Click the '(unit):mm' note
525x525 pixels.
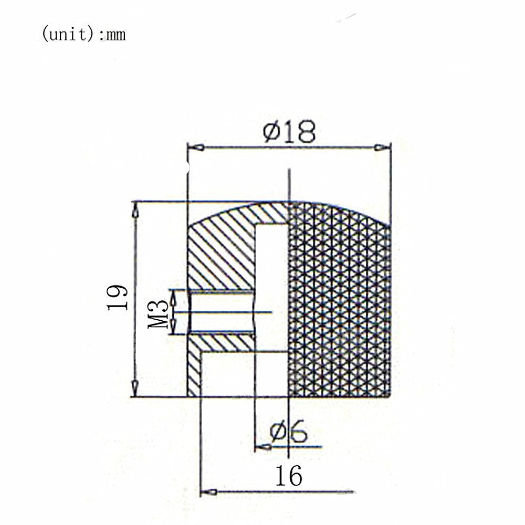(83, 35)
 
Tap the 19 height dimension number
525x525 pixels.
(118, 298)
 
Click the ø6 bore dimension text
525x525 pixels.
(288, 431)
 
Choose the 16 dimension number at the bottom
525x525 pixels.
(289, 476)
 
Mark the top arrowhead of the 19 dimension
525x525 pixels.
(135, 210)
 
